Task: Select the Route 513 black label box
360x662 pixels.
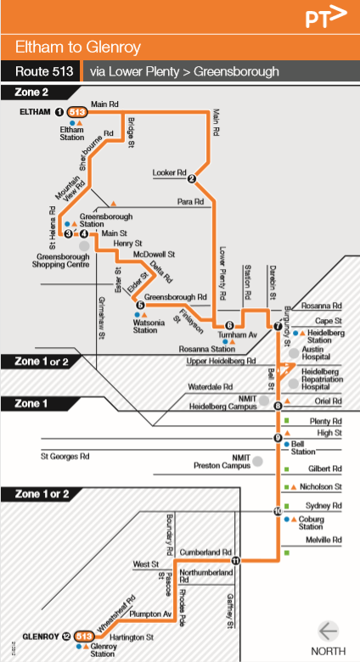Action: click(x=41, y=72)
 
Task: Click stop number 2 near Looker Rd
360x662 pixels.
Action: click(x=192, y=178)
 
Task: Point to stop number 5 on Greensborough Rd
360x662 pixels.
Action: click(x=140, y=306)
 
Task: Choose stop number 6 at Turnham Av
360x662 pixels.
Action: click(x=229, y=325)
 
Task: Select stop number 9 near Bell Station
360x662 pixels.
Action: click(x=278, y=438)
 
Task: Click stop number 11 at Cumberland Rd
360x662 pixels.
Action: click(x=236, y=560)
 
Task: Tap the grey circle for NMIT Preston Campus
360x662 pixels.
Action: click(x=258, y=460)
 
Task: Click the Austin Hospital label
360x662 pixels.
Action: click(x=313, y=353)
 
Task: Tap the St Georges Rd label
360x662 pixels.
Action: click(x=65, y=457)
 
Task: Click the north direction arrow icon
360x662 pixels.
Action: click(x=328, y=631)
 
